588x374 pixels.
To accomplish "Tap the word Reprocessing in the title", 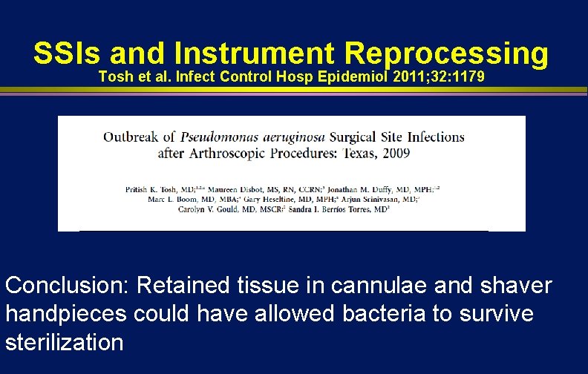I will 446,55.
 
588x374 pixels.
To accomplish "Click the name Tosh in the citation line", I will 114,78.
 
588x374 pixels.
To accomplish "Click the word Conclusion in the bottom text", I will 67,286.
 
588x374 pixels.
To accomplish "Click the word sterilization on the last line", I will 64,342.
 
